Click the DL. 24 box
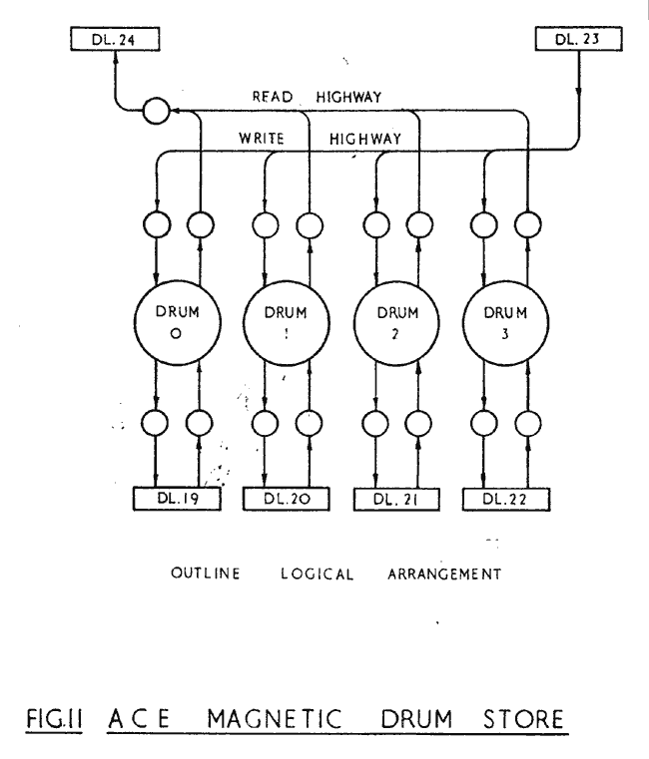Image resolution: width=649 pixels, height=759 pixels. [x=115, y=41]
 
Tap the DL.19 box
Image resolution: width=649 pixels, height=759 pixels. [x=176, y=496]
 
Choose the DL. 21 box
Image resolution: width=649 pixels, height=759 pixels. [x=397, y=496]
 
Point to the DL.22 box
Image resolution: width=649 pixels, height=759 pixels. [x=508, y=496]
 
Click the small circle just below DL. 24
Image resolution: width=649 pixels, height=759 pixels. [x=155, y=110]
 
